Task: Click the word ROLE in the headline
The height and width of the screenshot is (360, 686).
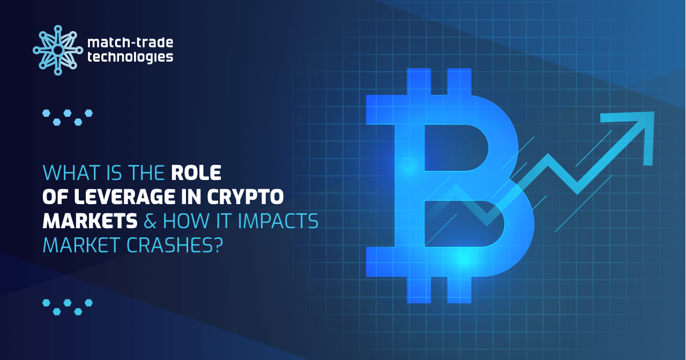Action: coord(196,173)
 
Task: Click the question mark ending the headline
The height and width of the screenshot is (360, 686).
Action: coord(218,245)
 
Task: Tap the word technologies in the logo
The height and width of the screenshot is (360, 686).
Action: coord(130,57)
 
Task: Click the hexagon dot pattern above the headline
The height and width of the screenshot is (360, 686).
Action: coord(68,117)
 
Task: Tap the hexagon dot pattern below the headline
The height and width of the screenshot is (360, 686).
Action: coord(68,306)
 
